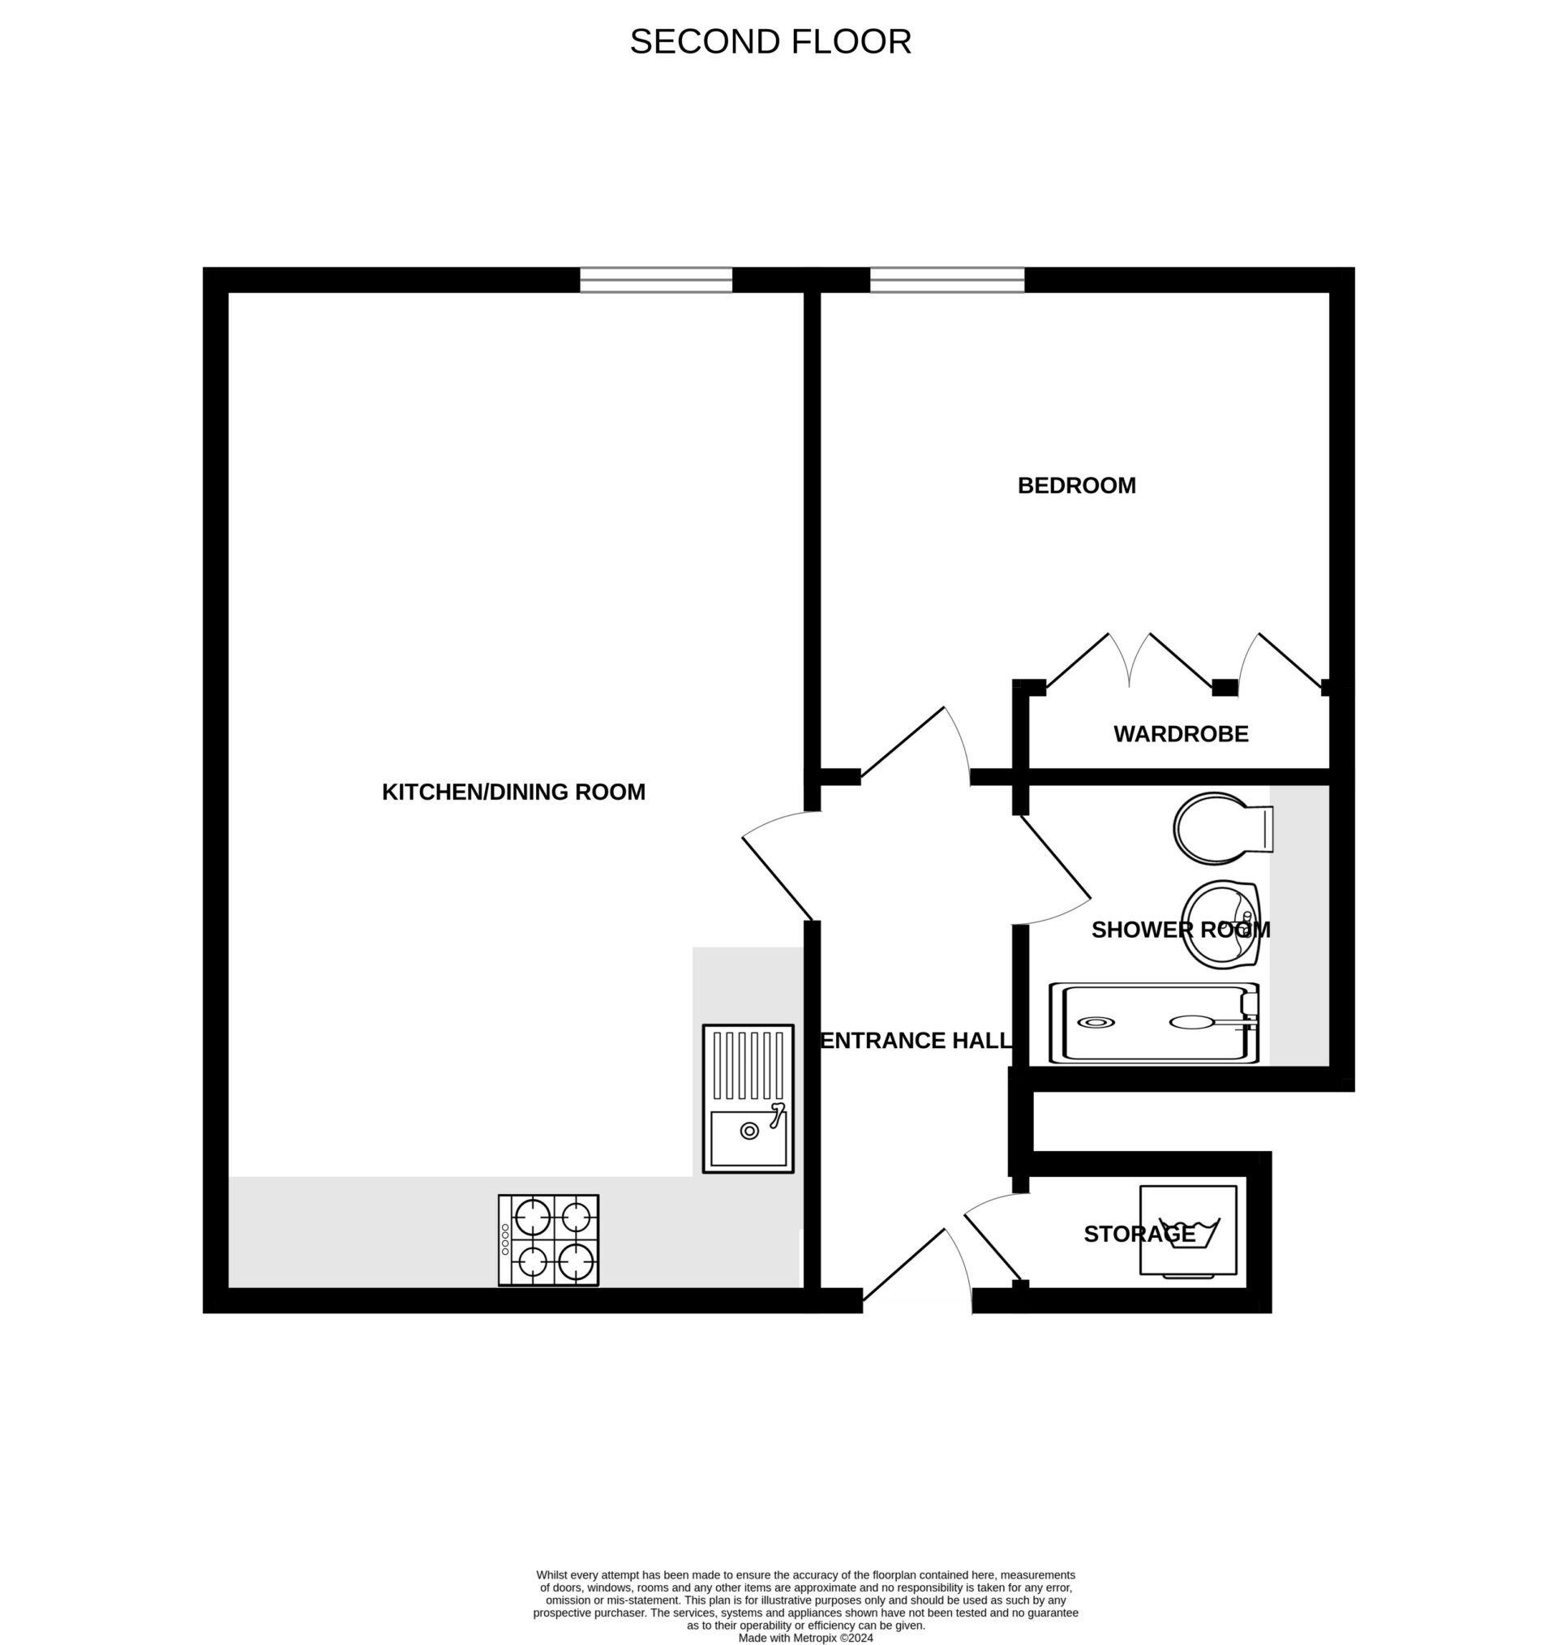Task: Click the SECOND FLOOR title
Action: [x=770, y=41]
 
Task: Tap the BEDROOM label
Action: [x=1076, y=486]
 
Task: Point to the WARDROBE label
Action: [x=1180, y=734]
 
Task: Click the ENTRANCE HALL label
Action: [x=916, y=1041]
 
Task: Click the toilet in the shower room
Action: [x=1221, y=827]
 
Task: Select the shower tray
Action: [x=1154, y=1023]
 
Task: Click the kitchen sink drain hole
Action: [x=748, y=1131]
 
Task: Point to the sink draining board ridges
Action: [x=748, y=1065]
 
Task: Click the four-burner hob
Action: [x=549, y=1240]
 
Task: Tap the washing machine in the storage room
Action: [x=1189, y=1230]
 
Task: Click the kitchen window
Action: [x=656, y=280]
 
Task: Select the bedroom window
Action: [x=947, y=280]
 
